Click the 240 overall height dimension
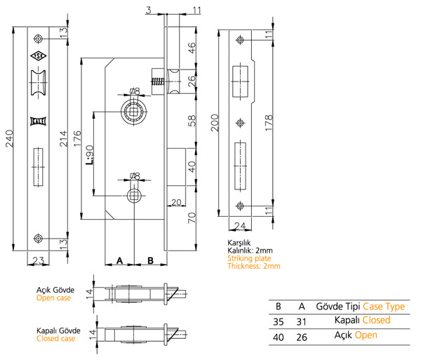(10, 138)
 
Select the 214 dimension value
(63, 138)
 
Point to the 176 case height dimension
(77, 138)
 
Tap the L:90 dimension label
(90, 155)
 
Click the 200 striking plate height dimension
(215, 123)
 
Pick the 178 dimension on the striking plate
(269, 123)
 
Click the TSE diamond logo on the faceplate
(38, 56)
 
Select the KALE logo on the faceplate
(38, 121)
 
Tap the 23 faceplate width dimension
(38, 260)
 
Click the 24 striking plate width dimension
(240, 226)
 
